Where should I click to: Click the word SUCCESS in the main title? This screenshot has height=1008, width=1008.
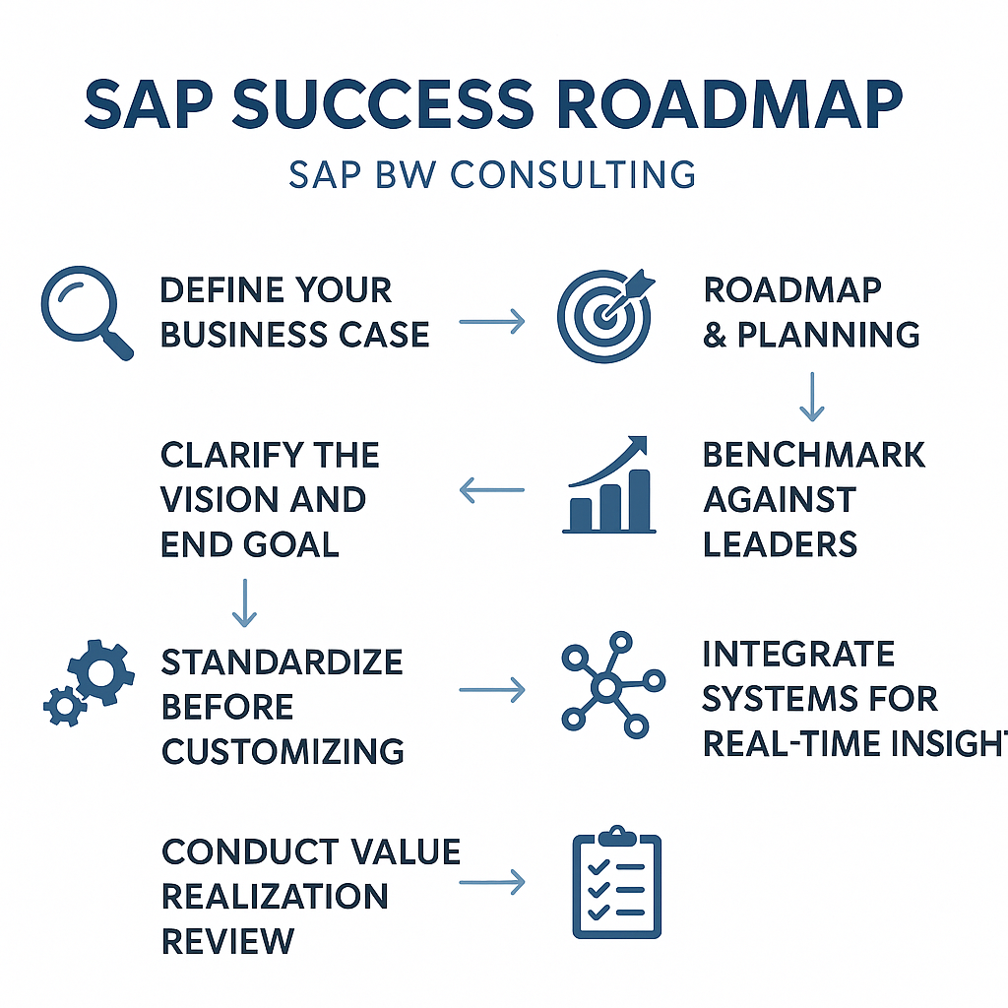click(383, 104)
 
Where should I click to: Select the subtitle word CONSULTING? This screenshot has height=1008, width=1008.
click(573, 175)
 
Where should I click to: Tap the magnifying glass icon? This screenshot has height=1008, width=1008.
click(87, 312)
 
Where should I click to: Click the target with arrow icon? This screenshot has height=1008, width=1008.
click(605, 315)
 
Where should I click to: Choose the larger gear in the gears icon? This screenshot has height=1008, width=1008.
click(101, 672)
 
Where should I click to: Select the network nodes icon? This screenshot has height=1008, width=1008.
click(612, 685)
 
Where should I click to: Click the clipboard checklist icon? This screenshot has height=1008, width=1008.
click(616, 882)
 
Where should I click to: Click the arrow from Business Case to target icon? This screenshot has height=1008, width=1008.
click(492, 322)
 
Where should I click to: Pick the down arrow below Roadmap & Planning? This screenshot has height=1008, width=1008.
click(812, 396)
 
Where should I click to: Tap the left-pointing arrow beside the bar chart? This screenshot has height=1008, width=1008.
click(492, 490)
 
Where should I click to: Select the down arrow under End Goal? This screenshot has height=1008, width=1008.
click(244, 603)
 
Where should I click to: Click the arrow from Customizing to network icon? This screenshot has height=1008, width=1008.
click(492, 690)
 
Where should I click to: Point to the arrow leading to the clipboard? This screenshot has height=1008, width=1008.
click(492, 882)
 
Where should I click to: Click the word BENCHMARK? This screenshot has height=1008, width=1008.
click(814, 455)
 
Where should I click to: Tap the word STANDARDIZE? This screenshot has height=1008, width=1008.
click(283, 662)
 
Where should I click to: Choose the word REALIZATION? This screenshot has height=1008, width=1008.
click(276, 896)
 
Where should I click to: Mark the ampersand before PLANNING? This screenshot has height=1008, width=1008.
click(715, 335)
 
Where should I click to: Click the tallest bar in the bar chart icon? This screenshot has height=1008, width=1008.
click(639, 500)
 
